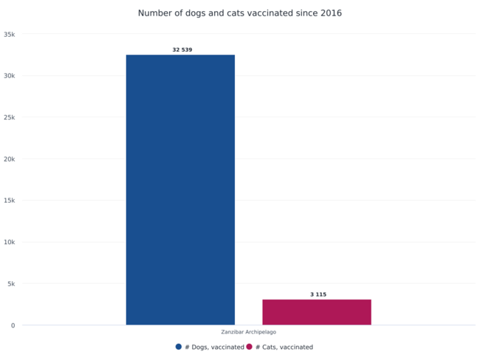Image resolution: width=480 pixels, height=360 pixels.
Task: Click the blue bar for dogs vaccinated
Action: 180,190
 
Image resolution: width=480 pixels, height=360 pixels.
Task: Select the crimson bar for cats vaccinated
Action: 316,312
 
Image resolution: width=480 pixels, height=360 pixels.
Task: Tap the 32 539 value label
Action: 182,50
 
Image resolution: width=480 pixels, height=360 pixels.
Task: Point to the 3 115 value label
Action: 318,294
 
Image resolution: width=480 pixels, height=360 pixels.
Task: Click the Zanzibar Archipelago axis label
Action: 249,332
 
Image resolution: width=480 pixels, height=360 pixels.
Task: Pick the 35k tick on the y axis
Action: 10,34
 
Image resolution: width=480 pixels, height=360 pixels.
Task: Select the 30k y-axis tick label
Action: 10,76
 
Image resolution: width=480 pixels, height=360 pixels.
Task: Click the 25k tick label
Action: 10,117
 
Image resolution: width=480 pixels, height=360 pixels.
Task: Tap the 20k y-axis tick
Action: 10,159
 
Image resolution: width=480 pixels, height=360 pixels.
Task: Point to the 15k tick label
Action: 10,201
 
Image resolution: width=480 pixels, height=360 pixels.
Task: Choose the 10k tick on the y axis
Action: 10,242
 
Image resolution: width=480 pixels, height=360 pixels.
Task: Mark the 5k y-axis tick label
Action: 11,284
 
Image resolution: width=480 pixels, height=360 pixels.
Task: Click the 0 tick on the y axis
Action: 13,325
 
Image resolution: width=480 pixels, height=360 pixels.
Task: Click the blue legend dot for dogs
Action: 179,347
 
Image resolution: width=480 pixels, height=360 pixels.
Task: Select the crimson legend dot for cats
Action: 250,347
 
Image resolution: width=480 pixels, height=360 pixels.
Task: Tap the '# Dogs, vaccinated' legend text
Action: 214,347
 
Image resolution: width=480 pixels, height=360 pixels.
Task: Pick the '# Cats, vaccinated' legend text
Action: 284,347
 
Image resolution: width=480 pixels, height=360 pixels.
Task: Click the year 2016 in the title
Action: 330,13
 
